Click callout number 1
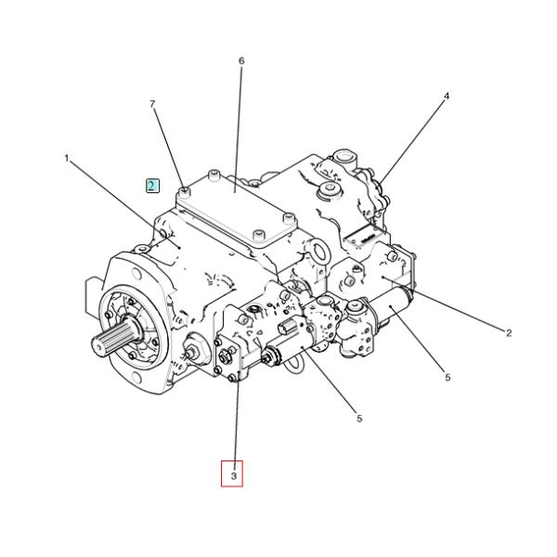[x=66, y=159]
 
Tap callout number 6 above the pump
[x=241, y=61]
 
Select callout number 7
[x=153, y=104]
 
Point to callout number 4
[x=446, y=97]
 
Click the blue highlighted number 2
[x=152, y=185]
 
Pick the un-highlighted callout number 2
[x=508, y=333]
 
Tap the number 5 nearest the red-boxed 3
[x=359, y=419]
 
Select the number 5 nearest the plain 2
[x=447, y=378]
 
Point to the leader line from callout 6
[x=241, y=121]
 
